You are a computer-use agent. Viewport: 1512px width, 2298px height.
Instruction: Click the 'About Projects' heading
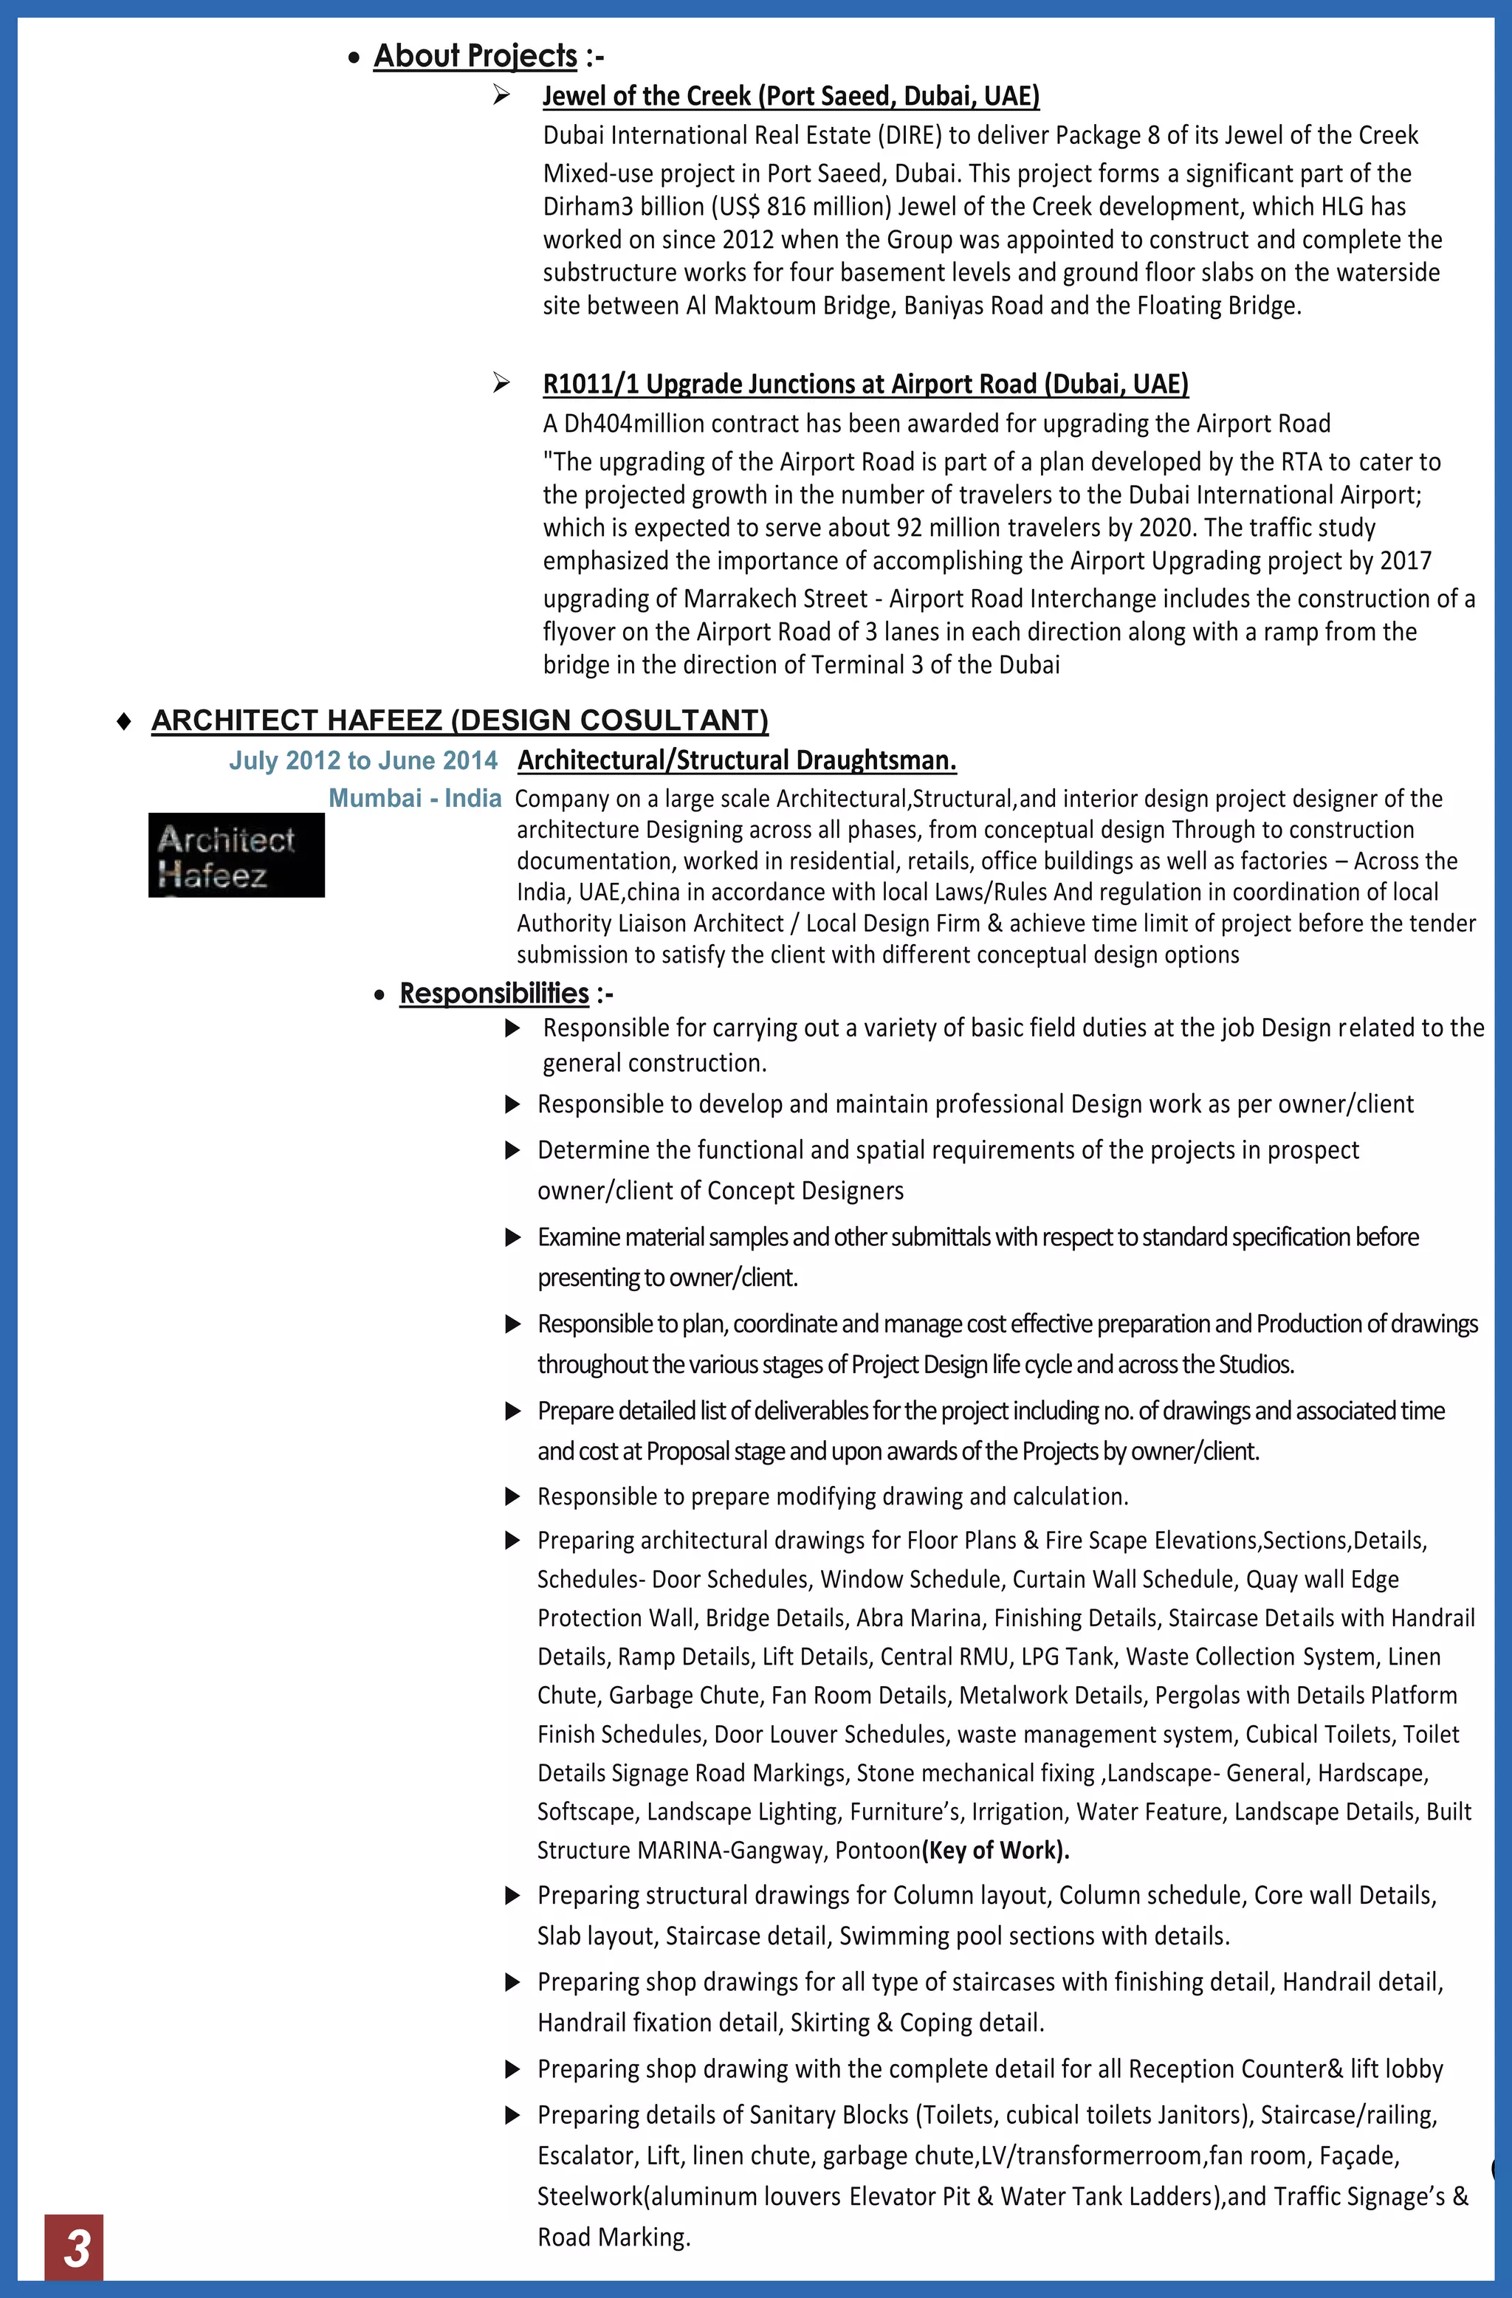[475, 56]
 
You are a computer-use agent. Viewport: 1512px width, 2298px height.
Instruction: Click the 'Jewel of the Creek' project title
[790, 97]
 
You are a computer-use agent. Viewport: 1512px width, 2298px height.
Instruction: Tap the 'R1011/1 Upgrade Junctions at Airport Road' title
[865, 385]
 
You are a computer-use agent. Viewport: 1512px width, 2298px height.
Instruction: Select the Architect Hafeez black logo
[236, 856]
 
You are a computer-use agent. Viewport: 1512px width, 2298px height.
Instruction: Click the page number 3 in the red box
[75, 2249]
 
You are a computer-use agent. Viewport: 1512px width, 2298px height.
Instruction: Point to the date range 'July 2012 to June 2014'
[363, 761]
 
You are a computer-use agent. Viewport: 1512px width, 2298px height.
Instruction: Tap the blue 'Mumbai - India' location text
[415, 799]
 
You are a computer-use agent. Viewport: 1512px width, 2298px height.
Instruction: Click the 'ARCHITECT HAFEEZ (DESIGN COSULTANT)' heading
[460, 720]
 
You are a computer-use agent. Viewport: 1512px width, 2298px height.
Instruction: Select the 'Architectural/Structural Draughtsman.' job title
[737, 761]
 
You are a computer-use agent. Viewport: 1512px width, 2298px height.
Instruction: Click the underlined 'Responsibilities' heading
[495, 994]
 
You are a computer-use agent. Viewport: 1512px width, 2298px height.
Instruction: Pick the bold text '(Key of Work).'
[995, 1850]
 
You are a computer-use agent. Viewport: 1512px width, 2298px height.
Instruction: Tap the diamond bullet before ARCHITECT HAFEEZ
[123, 721]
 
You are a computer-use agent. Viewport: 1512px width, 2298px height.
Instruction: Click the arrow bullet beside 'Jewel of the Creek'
[501, 94]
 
